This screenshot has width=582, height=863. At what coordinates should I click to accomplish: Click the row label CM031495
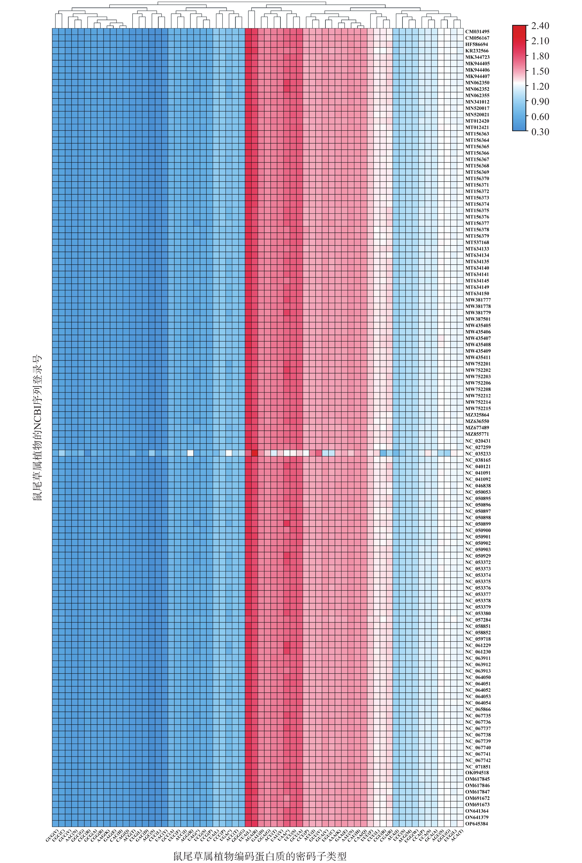click(x=477, y=32)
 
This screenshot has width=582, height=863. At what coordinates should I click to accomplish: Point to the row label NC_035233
click(x=478, y=454)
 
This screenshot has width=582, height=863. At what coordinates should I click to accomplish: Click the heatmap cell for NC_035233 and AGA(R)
click(x=254, y=454)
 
